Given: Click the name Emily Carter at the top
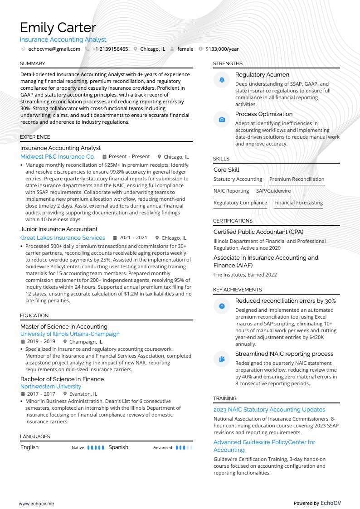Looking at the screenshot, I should click(58, 28).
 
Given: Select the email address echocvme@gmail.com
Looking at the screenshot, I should click(54, 49).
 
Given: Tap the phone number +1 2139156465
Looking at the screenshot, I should click(110, 49).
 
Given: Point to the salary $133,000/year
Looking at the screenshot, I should click(222, 49).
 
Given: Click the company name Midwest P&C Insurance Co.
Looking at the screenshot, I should click(58, 156).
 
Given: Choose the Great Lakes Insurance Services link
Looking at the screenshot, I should click(63, 238).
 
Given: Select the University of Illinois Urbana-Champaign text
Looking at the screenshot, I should click(70, 334).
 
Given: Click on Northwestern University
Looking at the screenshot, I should click(51, 387).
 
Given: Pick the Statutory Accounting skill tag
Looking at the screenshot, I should click(238, 179).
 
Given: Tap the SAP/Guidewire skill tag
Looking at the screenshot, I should click(273, 191).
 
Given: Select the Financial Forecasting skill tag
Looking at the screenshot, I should click(298, 203).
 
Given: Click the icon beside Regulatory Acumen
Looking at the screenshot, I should click(222, 80).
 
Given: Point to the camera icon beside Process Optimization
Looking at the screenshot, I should click(222, 120).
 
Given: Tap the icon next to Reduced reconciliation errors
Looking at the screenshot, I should click(222, 306).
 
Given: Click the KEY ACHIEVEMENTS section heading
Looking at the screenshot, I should click(237, 290).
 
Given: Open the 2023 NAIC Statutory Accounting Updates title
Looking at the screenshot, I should click(269, 409).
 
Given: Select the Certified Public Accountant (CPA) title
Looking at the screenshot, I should click(258, 232).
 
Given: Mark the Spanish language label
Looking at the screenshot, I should click(118, 447).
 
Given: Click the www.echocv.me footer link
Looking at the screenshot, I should click(36, 503).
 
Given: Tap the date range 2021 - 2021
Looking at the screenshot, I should click(133, 238).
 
